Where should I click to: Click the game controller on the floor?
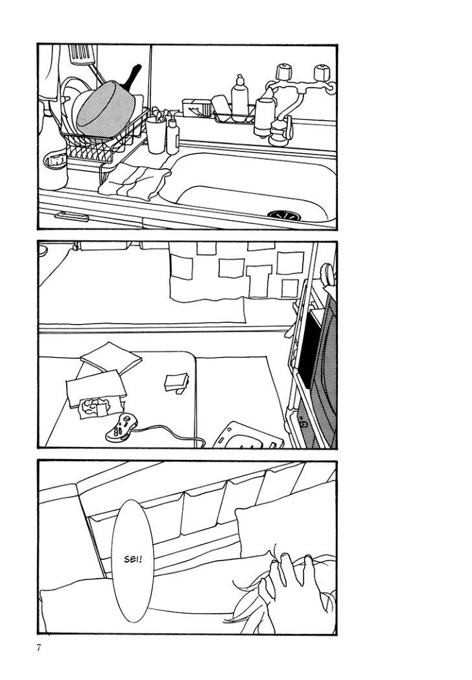[121, 427]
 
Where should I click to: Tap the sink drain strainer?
[284, 215]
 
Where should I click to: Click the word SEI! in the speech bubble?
[133, 559]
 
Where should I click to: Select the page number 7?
[39, 648]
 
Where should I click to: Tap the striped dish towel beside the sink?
[134, 181]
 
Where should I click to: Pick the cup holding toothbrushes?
[156, 134]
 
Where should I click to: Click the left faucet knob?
[284, 72]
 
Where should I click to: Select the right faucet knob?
[322, 72]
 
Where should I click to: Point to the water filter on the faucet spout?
[264, 116]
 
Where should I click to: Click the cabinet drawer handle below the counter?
[71, 216]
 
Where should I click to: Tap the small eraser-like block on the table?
[177, 383]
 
